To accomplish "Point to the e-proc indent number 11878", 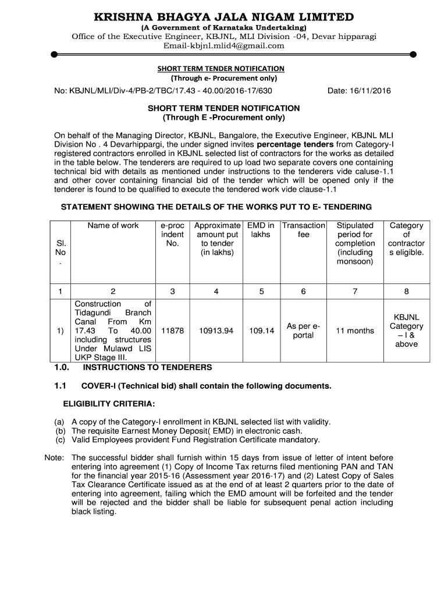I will (x=172, y=331).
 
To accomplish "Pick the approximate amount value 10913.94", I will (x=216, y=331).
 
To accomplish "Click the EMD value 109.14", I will (x=261, y=331).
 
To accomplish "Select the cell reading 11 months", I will (x=354, y=331).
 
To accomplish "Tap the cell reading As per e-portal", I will (x=304, y=331).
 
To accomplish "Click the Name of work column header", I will (x=113, y=226).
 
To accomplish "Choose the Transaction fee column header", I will (x=304, y=230).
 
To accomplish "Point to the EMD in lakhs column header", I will (x=261, y=230).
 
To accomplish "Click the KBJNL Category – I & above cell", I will (x=406, y=331).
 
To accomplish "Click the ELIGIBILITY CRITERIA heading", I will (x=109, y=404).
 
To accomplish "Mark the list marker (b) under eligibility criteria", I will (x=60, y=431).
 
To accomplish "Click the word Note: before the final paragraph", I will (x=54, y=457).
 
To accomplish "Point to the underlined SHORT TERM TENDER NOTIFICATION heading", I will (x=221, y=69).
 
